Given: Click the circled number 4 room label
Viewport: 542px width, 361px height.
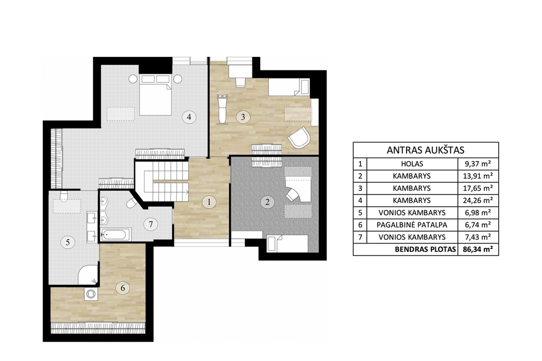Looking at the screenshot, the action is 189,117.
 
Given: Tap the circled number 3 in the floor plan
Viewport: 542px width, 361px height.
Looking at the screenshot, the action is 243,117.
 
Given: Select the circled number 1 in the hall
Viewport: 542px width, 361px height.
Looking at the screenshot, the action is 209,202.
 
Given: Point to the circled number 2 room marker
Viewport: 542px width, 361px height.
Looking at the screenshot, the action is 267,202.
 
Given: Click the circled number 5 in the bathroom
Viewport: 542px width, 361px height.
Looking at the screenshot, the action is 67,242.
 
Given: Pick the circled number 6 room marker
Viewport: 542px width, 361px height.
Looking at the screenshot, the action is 123,287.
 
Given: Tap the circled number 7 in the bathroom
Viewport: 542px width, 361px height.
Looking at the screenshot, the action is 151,224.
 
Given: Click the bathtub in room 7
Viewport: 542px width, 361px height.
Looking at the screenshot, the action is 115,235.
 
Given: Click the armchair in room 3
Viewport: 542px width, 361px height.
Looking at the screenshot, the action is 300,137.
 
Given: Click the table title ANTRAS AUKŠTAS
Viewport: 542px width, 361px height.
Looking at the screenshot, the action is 425,150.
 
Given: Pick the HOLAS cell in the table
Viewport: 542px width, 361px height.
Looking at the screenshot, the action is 412,164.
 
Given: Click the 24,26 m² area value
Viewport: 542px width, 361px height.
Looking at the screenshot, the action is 478,200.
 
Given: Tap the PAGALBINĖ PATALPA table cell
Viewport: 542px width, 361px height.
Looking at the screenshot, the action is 412,225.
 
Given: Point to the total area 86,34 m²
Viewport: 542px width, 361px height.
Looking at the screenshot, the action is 478,249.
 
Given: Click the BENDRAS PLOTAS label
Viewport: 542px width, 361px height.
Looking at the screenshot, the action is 425,250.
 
